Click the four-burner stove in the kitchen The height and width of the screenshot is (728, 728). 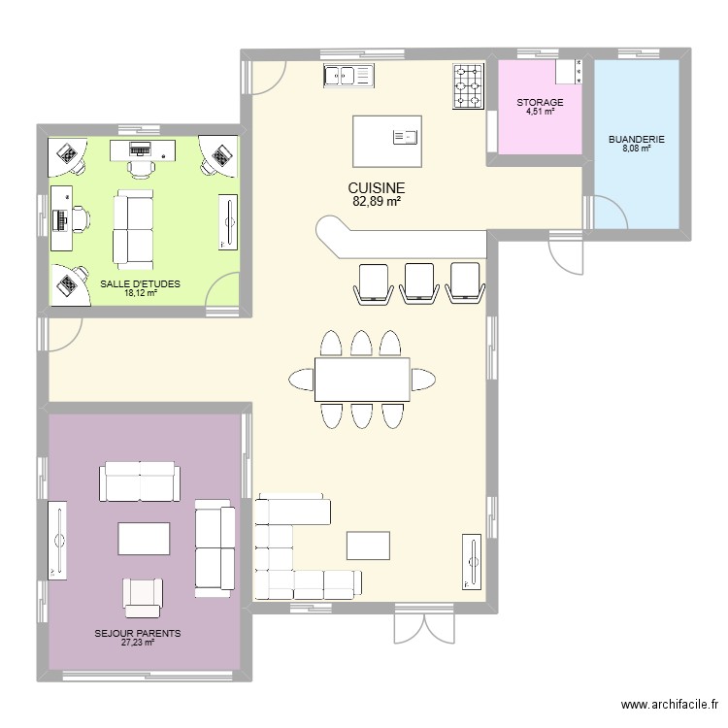[x=468, y=85]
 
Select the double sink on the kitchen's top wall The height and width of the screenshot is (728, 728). [x=348, y=74]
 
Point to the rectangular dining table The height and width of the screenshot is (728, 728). [x=361, y=379]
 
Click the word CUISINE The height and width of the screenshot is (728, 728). [x=375, y=188]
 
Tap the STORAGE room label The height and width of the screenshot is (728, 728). [x=540, y=102]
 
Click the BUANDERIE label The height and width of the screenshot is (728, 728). [x=636, y=140]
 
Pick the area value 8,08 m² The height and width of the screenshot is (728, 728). [x=636, y=149]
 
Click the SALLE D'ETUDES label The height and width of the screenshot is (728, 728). [x=140, y=284]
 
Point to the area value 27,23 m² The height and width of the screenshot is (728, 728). [x=137, y=642]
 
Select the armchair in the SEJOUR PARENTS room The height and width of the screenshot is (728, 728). [x=143, y=596]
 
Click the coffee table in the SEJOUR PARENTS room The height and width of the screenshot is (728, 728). [x=145, y=539]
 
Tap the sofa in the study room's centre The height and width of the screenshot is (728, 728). [x=133, y=229]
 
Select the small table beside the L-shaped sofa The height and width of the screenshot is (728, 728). [x=368, y=545]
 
